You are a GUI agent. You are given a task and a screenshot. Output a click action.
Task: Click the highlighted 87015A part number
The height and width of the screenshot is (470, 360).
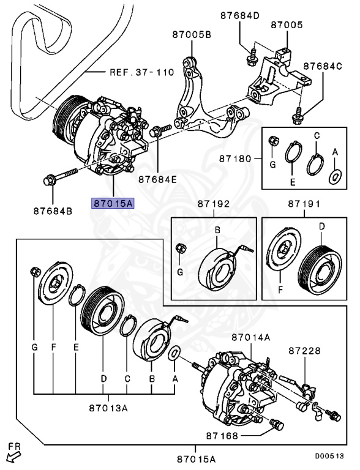113,203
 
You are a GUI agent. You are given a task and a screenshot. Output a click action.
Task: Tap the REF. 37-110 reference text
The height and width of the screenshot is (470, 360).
141,72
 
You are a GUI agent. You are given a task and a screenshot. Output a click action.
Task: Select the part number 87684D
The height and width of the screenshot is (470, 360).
240,15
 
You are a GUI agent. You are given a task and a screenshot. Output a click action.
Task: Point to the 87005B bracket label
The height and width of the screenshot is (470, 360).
192,35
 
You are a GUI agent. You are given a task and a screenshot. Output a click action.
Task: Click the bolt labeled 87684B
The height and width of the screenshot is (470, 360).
60,176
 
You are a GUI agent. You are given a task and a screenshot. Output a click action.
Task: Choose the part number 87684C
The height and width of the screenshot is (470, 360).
323,66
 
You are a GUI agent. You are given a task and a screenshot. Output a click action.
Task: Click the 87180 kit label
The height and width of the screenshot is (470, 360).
235,159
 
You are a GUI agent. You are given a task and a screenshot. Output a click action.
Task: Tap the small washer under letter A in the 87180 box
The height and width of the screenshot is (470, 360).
336,177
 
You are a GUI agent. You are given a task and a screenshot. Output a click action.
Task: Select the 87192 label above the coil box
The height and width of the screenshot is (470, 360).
214,204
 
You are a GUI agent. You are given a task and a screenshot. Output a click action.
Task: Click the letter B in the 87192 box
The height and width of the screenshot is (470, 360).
218,230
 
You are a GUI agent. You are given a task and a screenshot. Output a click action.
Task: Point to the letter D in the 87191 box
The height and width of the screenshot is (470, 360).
322,226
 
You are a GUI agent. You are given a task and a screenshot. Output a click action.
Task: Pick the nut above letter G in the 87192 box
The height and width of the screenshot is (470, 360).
181,248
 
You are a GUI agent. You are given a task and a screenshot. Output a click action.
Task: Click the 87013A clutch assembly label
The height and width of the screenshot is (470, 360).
108,408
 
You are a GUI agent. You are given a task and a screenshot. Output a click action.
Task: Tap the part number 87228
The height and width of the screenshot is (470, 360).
305,351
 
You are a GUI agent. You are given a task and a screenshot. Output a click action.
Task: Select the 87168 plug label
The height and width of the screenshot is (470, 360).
222,436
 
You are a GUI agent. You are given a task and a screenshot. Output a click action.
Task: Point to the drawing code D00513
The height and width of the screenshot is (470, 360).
329,456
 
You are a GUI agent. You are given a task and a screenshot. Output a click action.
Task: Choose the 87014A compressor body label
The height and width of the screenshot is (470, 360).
251,338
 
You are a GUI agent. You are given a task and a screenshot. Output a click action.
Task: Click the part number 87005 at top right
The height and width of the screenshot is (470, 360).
287,24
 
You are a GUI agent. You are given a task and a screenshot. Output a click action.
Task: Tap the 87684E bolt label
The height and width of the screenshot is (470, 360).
158,179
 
